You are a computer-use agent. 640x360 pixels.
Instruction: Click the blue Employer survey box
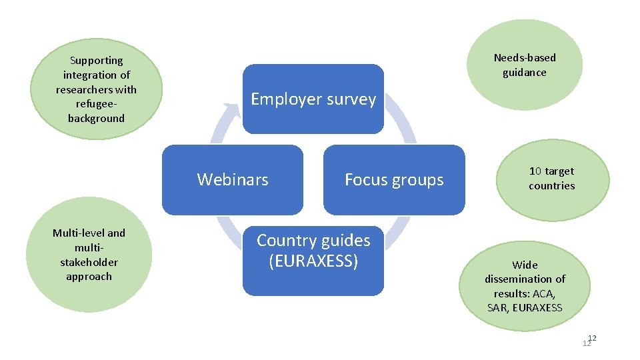[x=313, y=99]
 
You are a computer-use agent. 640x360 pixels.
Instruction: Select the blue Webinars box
[x=233, y=179]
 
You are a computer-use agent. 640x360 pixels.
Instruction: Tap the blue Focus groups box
[x=394, y=179]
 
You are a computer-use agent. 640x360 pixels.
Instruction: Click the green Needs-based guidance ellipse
[x=525, y=65]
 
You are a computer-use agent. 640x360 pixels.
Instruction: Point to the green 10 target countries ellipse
[x=552, y=178]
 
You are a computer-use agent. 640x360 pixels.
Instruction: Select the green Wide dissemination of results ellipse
[x=525, y=286]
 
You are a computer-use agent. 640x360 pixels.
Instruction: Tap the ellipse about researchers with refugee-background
[x=96, y=89]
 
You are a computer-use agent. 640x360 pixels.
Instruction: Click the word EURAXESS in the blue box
[x=313, y=261]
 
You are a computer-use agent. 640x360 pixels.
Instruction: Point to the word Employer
[x=286, y=99]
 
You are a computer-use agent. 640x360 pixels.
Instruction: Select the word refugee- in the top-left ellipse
[x=96, y=104]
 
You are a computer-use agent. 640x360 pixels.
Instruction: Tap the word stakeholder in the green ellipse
[x=89, y=262]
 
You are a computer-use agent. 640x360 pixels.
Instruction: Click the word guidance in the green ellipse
[x=525, y=73]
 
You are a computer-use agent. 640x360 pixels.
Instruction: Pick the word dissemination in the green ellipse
[x=525, y=279]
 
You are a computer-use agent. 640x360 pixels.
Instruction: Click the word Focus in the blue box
[x=363, y=179]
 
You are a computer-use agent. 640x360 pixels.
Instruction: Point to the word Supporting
[x=96, y=61]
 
